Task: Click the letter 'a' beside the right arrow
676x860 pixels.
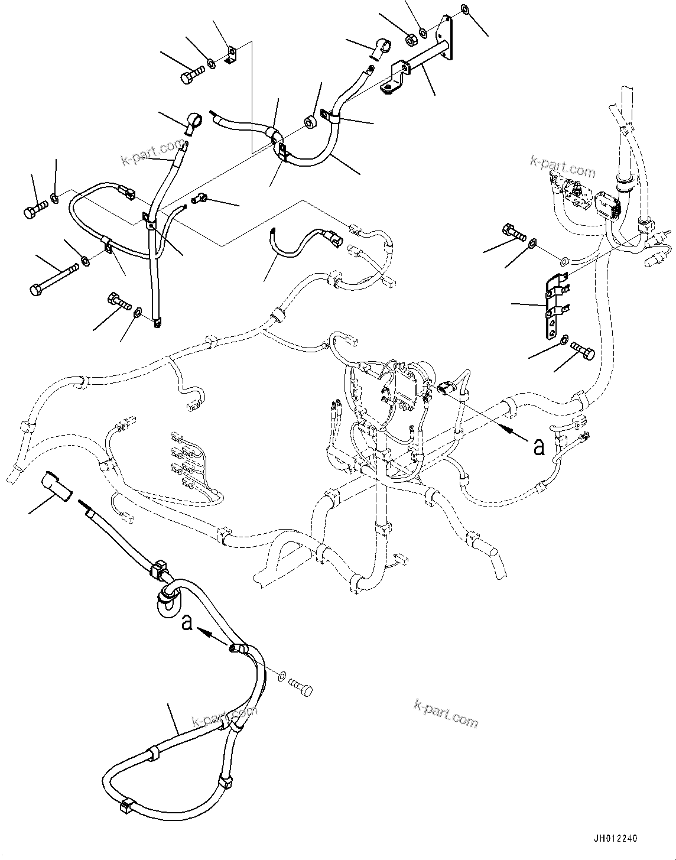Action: (539, 447)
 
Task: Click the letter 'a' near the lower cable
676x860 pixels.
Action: (187, 622)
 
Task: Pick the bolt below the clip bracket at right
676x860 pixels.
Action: (584, 351)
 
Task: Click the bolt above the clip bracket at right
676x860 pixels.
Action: (513, 232)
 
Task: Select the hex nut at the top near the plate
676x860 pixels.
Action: (410, 38)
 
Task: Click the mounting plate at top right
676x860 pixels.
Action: (447, 37)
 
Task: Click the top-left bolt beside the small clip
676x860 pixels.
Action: (190, 74)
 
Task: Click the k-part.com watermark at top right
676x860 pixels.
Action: (563, 167)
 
